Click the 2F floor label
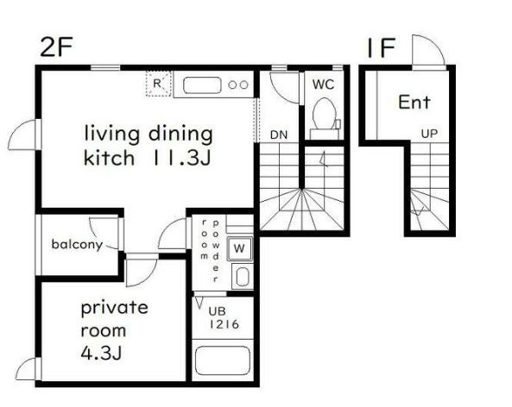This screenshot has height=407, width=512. [x=56, y=47]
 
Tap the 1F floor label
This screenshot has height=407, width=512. [x=382, y=47]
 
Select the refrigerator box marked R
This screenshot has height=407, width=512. [x=158, y=84]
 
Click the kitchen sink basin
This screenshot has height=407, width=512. [x=202, y=85]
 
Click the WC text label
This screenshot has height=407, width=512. [x=323, y=85]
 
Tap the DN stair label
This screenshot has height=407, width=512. [x=279, y=135]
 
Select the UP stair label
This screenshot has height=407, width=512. [x=429, y=134]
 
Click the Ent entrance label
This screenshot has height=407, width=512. [x=414, y=102]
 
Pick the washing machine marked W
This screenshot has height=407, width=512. [x=239, y=248]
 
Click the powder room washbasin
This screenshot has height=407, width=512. [x=243, y=277]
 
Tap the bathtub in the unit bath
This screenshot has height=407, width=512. [x=223, y=360]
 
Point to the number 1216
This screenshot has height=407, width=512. [x=224, y=324]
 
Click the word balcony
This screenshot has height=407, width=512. [x=77, y=244]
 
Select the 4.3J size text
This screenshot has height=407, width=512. [x=101, y=353]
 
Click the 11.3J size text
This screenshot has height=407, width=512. [x=180, y=158]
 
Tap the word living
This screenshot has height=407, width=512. [x=112, y=134]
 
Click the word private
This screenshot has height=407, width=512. [x=114, y=308]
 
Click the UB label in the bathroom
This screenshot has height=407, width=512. [x=217, y=311]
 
